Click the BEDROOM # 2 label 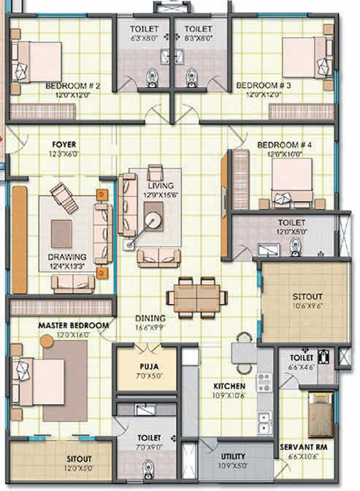(72, 85)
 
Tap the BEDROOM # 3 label (264, 85)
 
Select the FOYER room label (64, 145)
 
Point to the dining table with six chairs (196, 297)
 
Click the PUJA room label (147, 368)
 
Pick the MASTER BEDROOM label (73, 324)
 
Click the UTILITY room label (233, 456)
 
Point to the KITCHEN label (229, 385)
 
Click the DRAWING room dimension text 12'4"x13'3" (68, 267)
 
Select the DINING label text (150, 318)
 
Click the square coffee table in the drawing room (61, 234)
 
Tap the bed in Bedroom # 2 (34, 61)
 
